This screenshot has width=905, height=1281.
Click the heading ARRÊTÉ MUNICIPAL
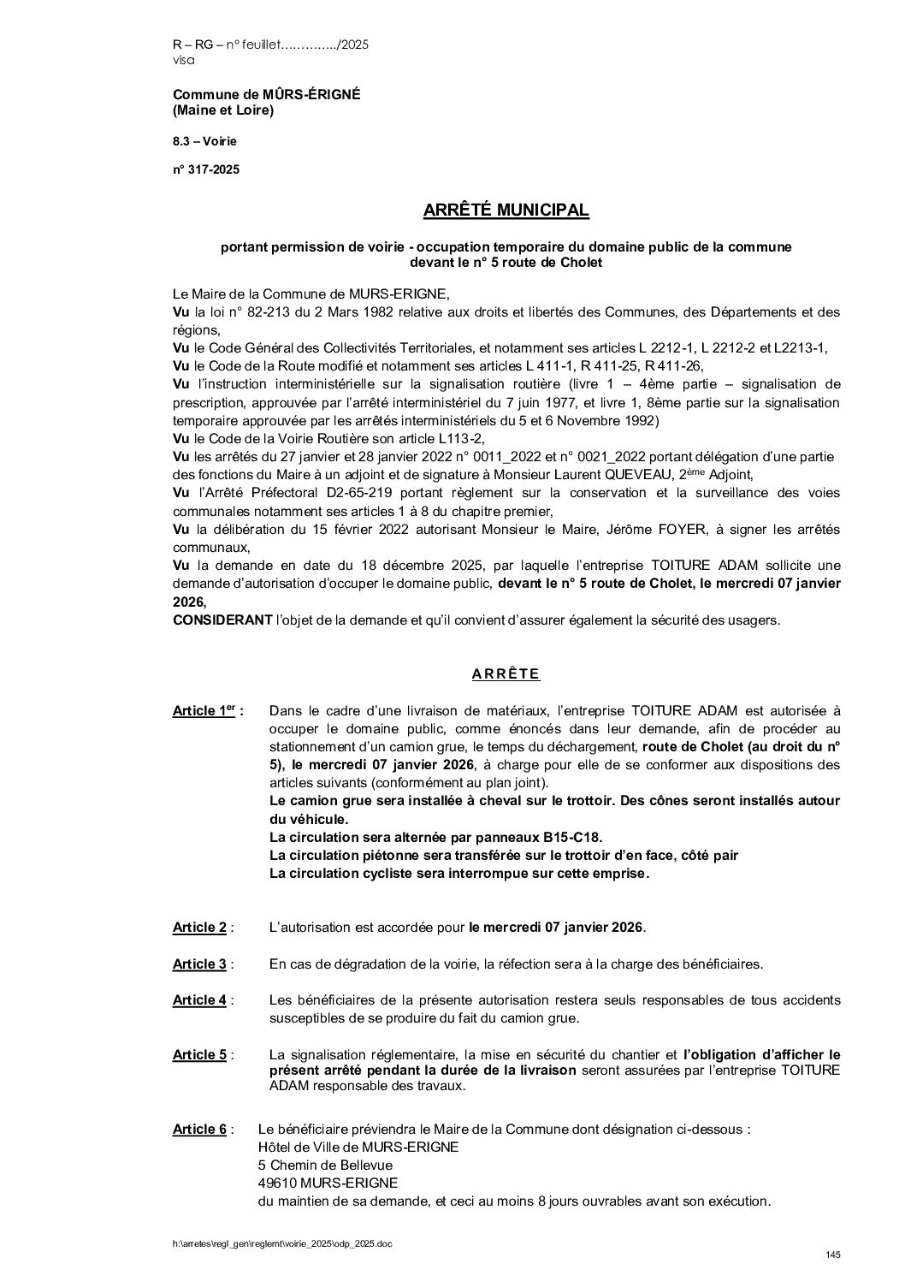506,210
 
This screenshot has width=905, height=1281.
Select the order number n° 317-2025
206,169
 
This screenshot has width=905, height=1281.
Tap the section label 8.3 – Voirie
204,140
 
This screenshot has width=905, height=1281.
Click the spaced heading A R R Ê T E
506,673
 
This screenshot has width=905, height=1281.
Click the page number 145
833,1254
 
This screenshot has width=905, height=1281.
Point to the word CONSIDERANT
221,620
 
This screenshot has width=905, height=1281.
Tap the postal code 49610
278,1183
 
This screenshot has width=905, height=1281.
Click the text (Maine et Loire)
223,110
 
